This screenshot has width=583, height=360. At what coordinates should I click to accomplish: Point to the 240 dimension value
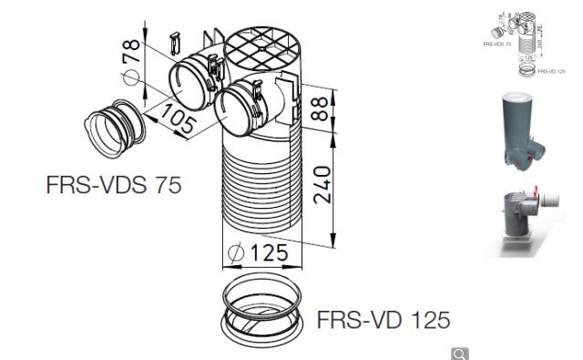[x=319, y=187]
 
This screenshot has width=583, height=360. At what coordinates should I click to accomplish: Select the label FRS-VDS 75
[x=114, y=184]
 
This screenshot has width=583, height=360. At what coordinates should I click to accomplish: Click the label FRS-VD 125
[x=384, y=321]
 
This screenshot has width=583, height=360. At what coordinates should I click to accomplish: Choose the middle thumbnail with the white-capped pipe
[x=522, y=129]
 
